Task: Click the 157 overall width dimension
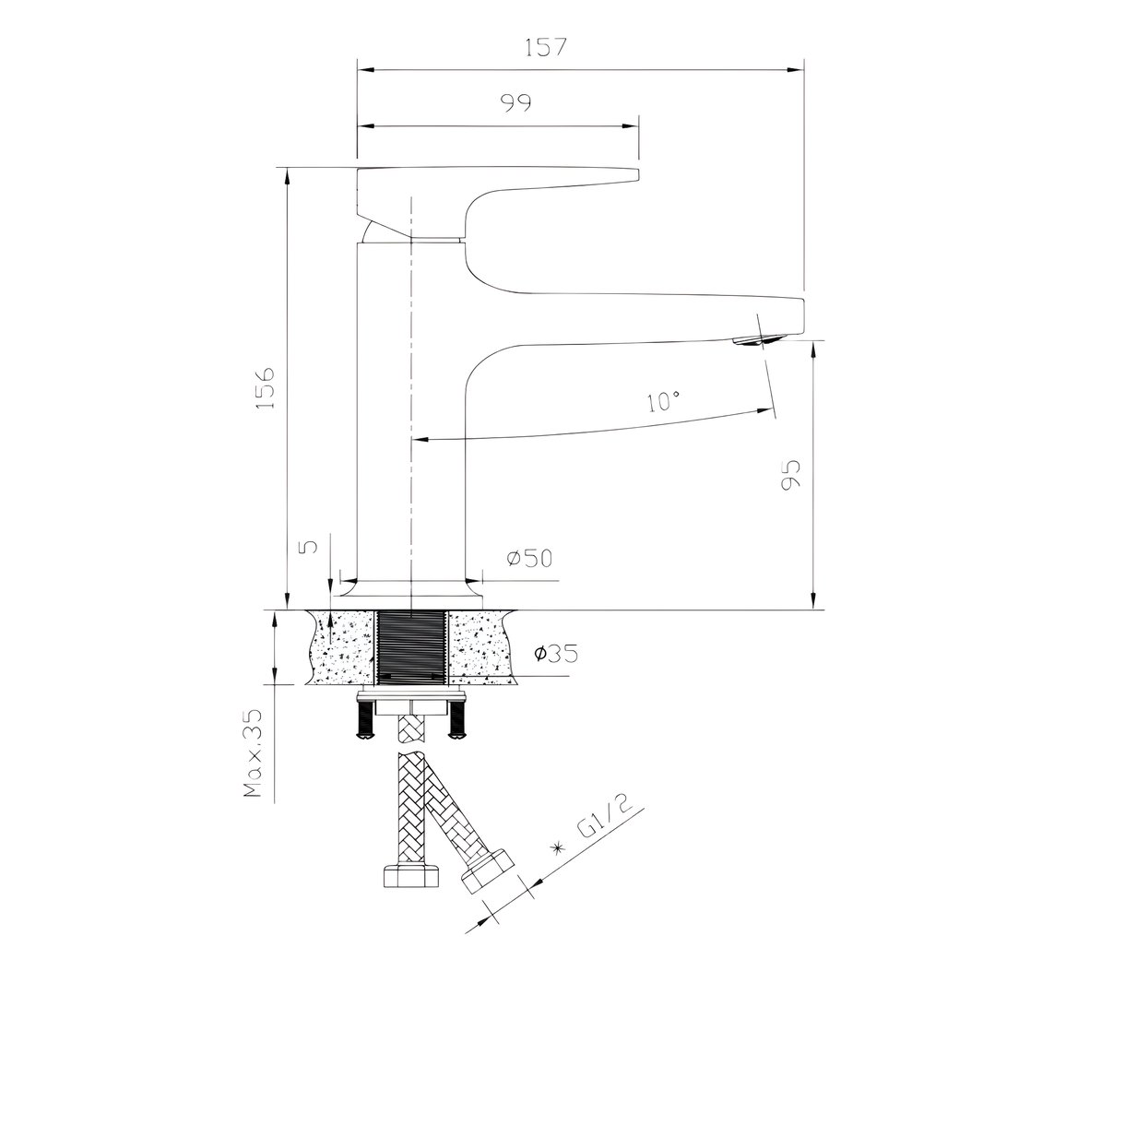[x=546, y=47]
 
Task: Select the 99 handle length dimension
[x=516, y=102]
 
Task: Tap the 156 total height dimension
[x=265, y=387]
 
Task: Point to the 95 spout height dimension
[x=790, y=475]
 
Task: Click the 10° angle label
[x=663, y=401]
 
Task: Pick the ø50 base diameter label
[x=529, y=558]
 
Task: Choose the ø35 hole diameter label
[x=556, y=653]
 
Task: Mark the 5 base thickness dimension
[x=310, y=546]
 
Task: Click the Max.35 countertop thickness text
[x=253, y=753]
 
